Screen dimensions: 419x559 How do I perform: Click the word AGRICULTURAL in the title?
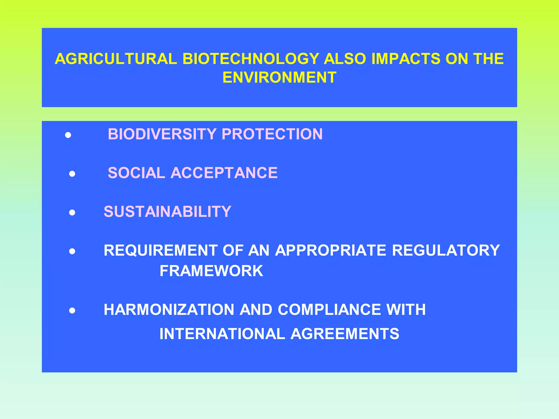116,59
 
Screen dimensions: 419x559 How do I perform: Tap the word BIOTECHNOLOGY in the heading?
251,59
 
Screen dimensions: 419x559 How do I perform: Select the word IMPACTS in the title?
406,59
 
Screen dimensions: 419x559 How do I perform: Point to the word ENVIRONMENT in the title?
279,77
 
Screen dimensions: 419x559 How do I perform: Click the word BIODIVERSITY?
162,134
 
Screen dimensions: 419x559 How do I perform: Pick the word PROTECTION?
272,134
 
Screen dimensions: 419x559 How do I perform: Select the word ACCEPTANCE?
224,173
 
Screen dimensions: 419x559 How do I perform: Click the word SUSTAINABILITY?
167,212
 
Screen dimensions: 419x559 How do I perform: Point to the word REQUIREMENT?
160,250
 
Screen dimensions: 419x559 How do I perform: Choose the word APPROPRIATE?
331,250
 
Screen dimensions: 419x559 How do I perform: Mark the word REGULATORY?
446,250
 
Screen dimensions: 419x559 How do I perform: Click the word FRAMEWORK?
211,271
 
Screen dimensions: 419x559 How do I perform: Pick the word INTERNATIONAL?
222,334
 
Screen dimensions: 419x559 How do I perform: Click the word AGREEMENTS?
345,334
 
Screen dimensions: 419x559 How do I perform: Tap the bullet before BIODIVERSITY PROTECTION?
68,135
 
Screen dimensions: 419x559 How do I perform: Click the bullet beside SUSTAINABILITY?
72,213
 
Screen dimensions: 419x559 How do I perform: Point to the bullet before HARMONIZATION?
72,310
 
